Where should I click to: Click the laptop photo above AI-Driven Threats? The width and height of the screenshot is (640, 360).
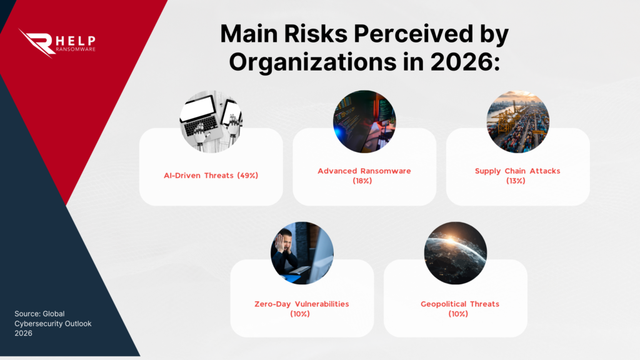[211, 122]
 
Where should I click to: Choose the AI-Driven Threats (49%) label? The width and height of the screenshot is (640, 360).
[211, 176]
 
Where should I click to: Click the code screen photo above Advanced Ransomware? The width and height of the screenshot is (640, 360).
[364, 122]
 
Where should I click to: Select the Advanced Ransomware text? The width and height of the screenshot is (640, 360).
[364, 171]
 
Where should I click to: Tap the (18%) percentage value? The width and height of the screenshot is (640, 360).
[364, 181]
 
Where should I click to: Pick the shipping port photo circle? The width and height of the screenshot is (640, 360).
[517, 122]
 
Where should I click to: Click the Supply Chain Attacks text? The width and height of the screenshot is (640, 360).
[517, 171]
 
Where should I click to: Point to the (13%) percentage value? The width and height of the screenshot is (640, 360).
[517, 181]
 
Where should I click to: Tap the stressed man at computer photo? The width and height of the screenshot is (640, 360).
[302, 253]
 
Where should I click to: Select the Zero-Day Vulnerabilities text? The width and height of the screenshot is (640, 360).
[302, 304]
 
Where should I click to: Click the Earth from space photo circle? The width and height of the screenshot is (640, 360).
[455, 253]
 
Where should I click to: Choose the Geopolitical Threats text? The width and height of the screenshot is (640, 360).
[460, 304]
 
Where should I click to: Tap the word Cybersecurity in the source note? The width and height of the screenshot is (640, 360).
[39, 324]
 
